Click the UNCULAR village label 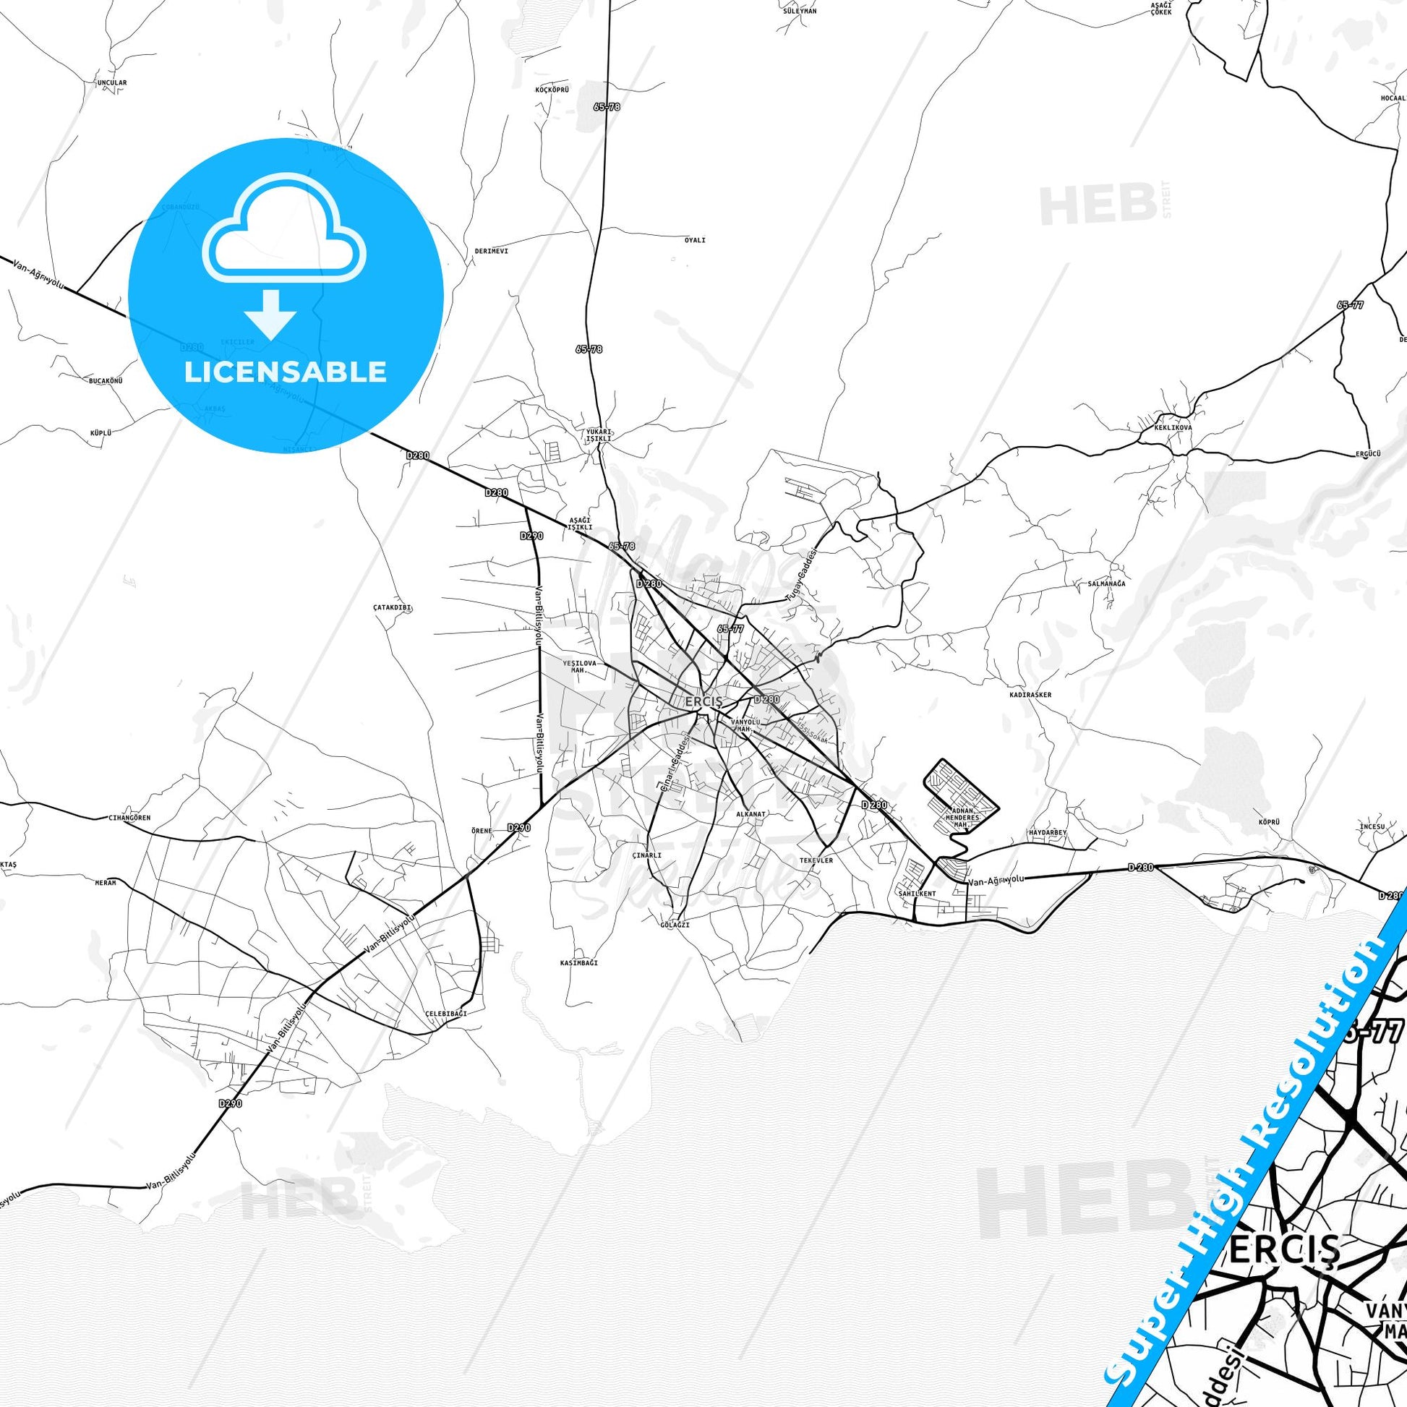(x=111, y=83)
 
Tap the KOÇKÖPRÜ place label (x=551, y=90)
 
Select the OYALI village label (x=695, y=240)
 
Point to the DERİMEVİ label (x=491, y=250)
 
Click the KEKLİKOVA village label (x=1173, y=427)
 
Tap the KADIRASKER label (x=1030, y=695)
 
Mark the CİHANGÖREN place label (x=128, y=818)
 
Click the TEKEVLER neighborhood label (x=816, y=860)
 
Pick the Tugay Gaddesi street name (x=803, y=576)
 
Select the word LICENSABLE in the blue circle (x=285, y=372)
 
